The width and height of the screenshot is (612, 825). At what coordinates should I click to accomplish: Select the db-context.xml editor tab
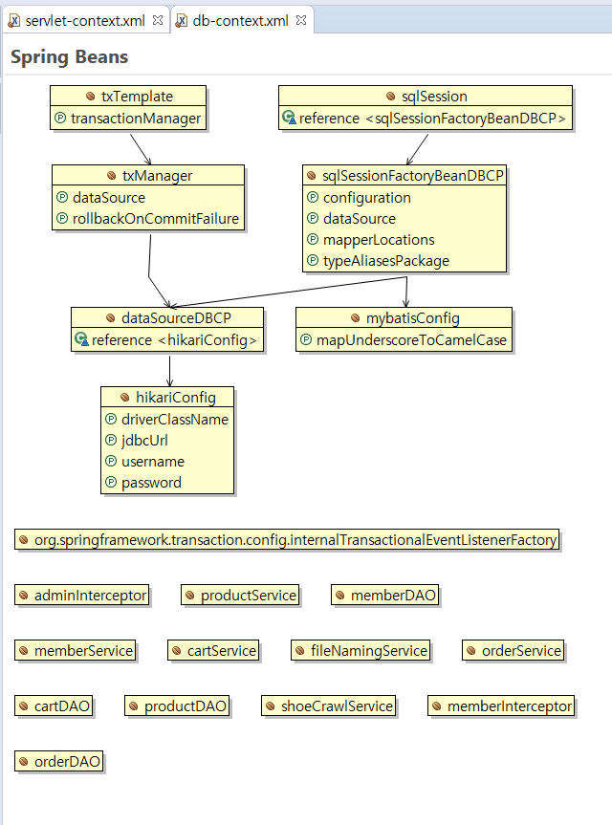(x=240, y=20)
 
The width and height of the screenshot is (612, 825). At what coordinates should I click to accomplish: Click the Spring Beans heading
(x=69, y=57)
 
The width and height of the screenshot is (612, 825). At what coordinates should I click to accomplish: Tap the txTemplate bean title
(x=128, y=96)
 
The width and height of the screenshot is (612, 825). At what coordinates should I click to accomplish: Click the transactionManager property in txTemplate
(x=136, y=119)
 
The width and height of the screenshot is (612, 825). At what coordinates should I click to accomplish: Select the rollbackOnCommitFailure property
(x=155, y=219)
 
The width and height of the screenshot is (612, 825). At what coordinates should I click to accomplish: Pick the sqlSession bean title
(x=426, y=96)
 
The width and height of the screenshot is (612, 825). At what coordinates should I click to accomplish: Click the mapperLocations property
(x=379, y=240)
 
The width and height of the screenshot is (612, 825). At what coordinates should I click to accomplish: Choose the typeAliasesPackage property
(x=385, y=261)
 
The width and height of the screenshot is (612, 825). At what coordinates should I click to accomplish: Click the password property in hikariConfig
(x=151, y=483)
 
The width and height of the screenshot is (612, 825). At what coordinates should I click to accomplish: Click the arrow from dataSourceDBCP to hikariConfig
(x=169, y=369)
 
